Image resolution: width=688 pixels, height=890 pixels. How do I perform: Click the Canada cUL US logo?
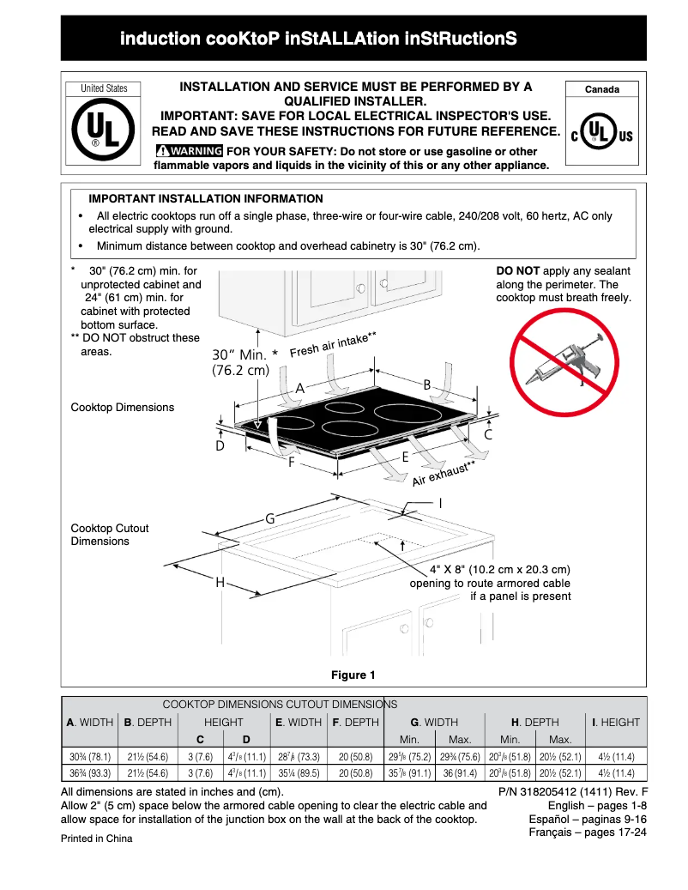[601, 135]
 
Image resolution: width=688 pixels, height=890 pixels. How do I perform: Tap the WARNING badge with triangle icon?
[190, 151]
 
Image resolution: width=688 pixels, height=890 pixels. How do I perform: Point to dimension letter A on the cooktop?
[300, 388]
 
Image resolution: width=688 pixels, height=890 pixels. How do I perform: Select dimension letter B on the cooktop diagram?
[426, 385]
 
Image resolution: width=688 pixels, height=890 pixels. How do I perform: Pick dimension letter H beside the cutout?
[220, 582]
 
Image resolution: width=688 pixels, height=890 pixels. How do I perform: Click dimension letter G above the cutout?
[269, 518]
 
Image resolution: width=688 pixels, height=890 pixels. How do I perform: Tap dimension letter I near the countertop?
[440, 502]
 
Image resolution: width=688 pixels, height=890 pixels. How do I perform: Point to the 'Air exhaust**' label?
[444, 474]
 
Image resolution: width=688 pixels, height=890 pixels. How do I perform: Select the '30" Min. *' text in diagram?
[245, 354]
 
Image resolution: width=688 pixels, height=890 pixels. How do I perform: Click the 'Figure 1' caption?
[353, 675]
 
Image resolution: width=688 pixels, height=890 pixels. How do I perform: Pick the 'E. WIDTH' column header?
[299, 722]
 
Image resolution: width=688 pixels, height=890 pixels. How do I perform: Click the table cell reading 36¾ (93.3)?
[89, 772]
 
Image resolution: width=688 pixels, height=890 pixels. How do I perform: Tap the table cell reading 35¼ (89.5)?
[299, 772]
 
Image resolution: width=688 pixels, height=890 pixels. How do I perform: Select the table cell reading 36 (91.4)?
[460, 772]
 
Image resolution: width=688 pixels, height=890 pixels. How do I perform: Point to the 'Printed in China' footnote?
[96, 839]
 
